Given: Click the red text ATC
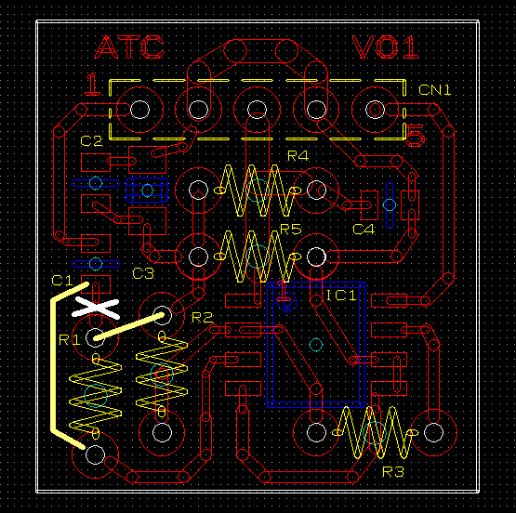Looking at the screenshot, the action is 129,47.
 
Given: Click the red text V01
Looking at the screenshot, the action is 385,47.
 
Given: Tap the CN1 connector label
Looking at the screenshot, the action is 434,90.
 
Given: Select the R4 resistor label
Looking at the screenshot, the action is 298,156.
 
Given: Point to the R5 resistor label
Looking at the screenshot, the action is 291,230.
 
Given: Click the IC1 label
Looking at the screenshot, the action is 341,296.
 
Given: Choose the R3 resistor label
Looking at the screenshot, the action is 393,472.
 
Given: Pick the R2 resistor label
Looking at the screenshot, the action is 202,318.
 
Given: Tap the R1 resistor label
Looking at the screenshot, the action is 69,340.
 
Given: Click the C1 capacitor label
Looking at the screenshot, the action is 62,281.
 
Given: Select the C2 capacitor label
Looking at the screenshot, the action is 91,141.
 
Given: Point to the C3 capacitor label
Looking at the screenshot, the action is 143,273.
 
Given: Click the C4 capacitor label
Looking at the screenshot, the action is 364,230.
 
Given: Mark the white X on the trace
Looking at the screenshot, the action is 96,309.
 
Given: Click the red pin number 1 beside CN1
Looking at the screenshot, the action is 92,85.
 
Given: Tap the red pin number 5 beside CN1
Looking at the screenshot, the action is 415,136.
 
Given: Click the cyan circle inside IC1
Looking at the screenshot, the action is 316,345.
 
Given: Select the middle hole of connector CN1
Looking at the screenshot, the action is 257,110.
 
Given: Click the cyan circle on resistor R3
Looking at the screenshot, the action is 375,433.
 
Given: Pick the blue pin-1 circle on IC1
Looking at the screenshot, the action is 287,301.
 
